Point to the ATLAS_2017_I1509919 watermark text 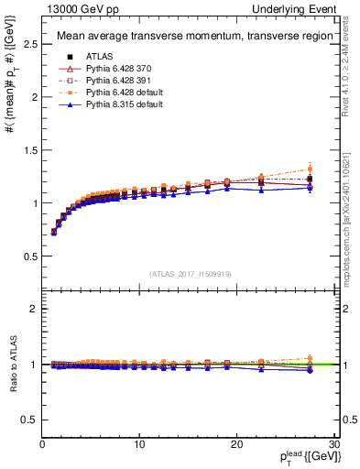click(189, 273)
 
